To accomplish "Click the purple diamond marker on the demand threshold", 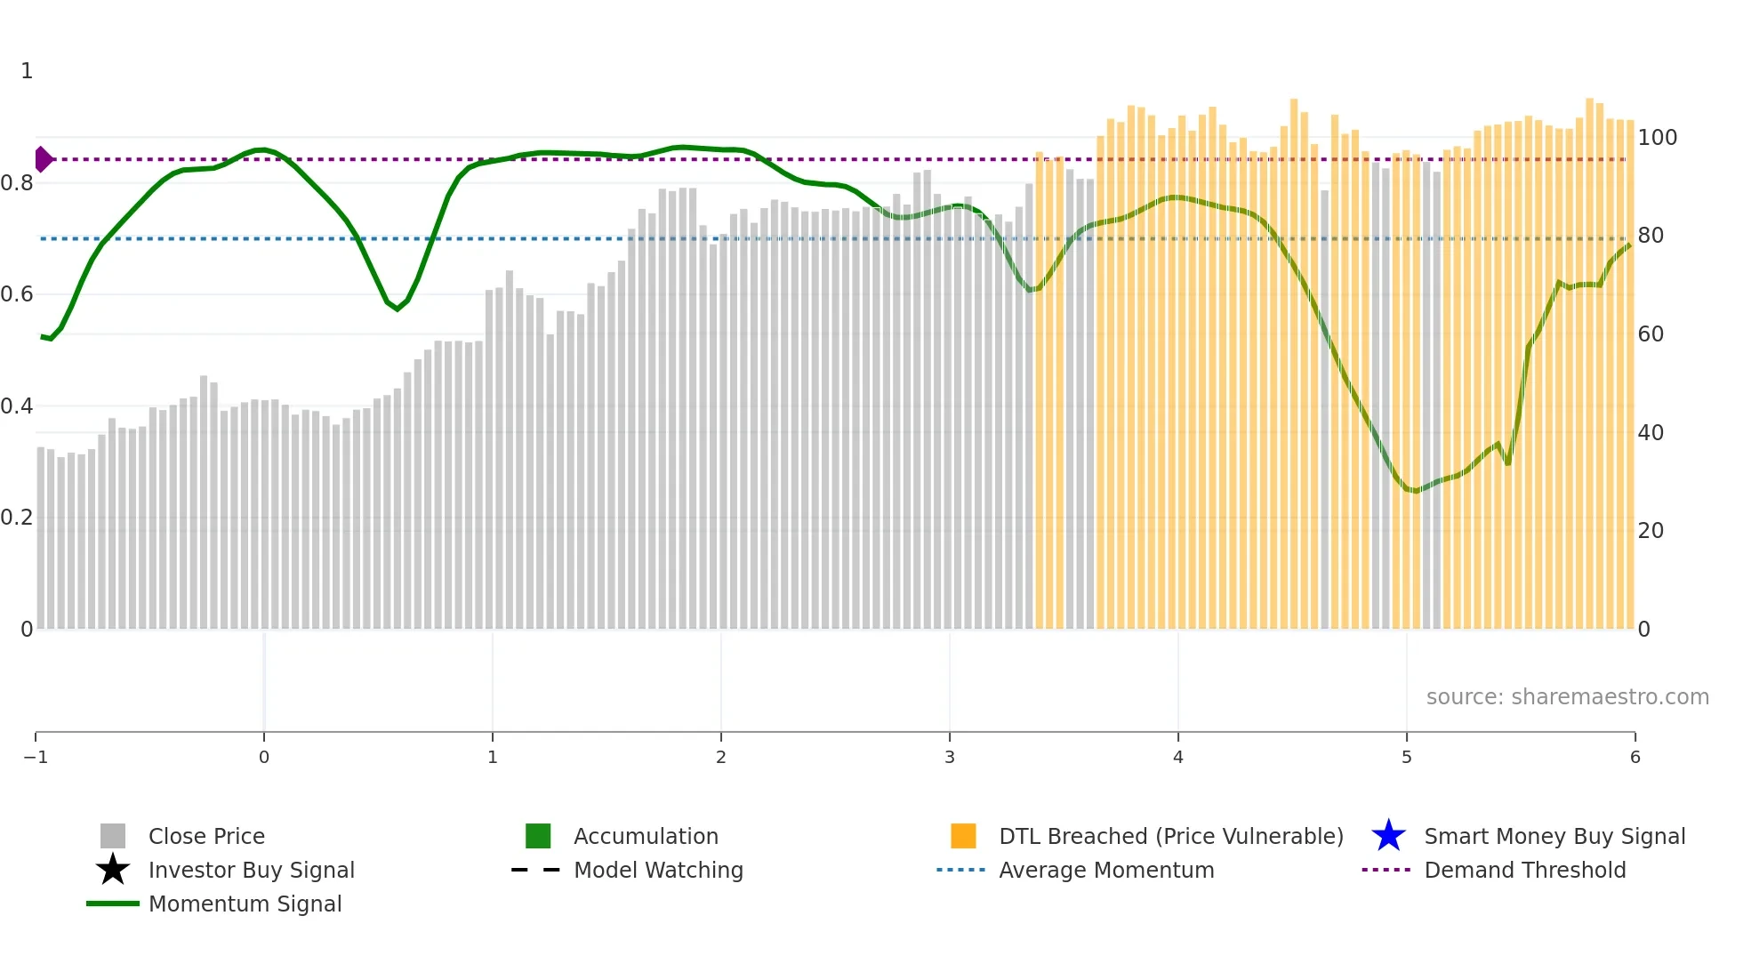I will [43, 159].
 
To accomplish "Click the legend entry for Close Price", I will [206, 836].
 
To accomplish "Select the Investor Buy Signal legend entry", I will [251, 870].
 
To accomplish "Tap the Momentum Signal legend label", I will [245, 904].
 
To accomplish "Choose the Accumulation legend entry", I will [646, 836].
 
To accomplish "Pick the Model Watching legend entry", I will [658, 870].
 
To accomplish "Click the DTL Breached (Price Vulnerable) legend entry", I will [1170, 836].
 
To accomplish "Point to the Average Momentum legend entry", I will [1106, 870].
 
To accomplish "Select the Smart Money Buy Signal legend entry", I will [1554, 836].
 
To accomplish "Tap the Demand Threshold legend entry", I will [1524, 870].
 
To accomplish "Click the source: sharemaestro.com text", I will [1567, 696].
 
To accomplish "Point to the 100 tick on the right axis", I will [1658, 138].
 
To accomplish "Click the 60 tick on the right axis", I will [1651, 334].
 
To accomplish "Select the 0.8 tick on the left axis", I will [17, 183].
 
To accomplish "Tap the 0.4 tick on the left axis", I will [17, 406].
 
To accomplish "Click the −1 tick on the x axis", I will [36, 757].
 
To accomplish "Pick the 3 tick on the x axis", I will [950, 757].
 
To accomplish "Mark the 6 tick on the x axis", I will [1635, 757].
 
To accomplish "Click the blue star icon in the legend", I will [1388, 836].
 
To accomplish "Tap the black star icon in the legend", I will [113, 870].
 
